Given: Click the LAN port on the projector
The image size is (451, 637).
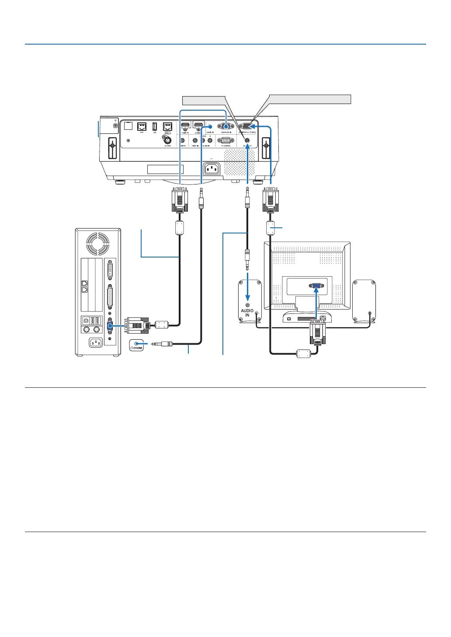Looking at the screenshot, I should click(142, 126).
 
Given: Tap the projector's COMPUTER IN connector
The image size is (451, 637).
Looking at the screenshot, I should click(225, 126).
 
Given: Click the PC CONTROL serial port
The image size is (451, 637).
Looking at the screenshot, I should click(225, 140).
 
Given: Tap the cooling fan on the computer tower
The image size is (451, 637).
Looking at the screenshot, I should click(98, 244).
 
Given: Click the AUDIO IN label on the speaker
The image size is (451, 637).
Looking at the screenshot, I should click(247, 313).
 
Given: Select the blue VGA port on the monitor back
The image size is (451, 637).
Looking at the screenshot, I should click(317, 286).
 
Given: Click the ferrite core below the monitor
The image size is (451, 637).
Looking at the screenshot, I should click(304, 353).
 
